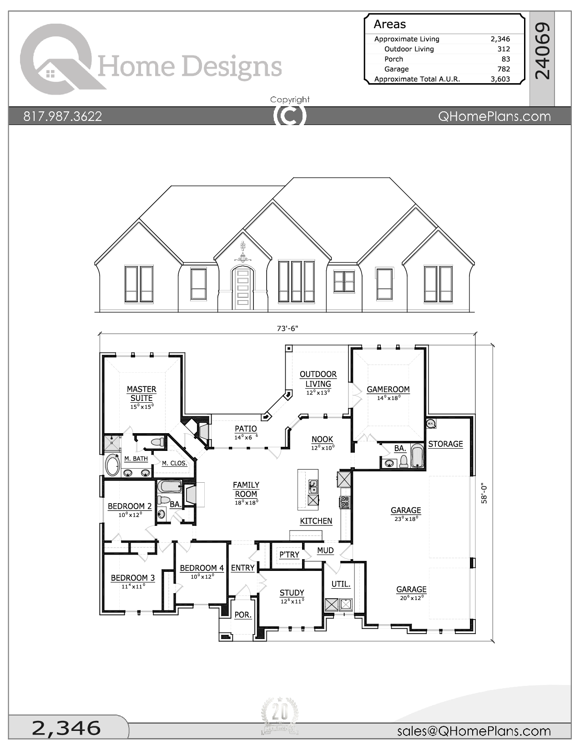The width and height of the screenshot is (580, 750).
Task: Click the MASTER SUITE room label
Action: [x=141, y=394]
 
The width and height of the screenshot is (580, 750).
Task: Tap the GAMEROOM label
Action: [x=388, y=390]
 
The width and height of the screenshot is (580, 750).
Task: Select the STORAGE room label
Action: [x=445, y=444]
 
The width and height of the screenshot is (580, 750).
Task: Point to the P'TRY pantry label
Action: [x=289, y=555]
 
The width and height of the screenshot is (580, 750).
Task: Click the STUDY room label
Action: [x=292, y=593]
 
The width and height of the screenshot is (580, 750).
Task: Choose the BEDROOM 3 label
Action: [x=133, y=578]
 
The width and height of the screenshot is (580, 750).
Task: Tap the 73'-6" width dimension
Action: [x=287, y=328]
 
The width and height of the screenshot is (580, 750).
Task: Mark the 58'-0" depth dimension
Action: [x=484, y=493]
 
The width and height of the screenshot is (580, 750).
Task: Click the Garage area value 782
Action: [x=504, y=69]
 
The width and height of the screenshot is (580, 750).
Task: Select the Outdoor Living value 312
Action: [x=504, y=49]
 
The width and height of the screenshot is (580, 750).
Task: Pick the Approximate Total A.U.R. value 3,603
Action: [x=500, y=79]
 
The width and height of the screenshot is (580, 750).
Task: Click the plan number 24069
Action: [x=542, y=51]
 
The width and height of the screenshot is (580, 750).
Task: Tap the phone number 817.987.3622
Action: [x=63, y=116]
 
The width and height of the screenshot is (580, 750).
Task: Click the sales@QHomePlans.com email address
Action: [x=474, y=731]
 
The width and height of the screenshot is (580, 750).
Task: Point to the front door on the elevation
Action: [x=242, y=289]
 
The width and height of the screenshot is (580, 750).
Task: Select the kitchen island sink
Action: [x=313, y=486]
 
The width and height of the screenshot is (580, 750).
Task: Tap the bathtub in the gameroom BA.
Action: [x=417, y=456]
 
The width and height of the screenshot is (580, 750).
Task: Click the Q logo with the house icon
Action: [x=57, y=59]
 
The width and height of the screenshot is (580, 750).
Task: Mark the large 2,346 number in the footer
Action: [x=66, y=728]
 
